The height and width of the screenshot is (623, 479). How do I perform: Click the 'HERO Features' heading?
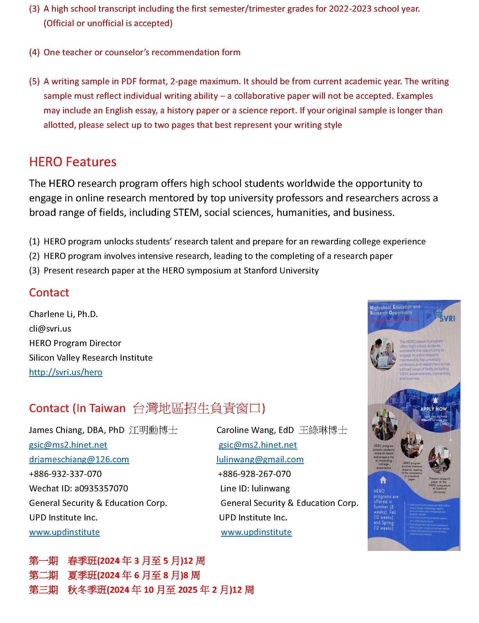(x=73, y=162)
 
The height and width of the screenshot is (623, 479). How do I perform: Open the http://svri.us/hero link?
(x=66, y=372)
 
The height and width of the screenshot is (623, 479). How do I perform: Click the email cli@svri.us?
(x=50, y=329)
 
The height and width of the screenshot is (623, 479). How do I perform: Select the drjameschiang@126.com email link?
(x=79, y=459)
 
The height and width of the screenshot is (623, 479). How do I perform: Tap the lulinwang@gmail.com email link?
(x=260, y=459)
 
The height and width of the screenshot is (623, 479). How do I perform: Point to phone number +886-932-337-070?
(x=65, y=474)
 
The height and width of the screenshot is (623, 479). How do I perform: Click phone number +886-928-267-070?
(x=254, y=474)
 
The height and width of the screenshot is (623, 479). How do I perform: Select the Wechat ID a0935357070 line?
(x=78, y=488)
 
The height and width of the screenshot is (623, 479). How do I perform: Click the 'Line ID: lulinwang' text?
(x=255, y=488)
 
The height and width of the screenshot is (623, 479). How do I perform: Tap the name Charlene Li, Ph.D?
(x=63, y=314)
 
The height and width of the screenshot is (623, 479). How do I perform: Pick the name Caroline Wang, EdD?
(x=255, y=430)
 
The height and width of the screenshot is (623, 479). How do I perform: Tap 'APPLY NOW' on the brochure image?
(x=433, y=409)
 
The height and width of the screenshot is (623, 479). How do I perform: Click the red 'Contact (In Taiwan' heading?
(x=77, y=408)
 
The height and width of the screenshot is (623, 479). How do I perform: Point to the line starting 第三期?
(x=141, y=590)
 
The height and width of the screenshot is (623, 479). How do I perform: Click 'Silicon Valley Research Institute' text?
(x=91, y=358)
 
